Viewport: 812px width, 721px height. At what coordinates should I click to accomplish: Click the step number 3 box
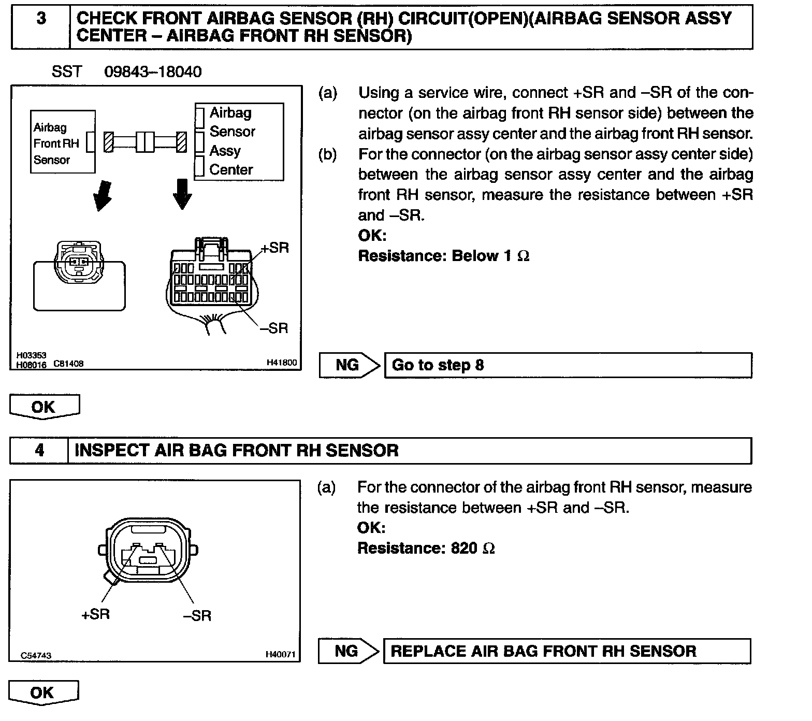pos(41,27)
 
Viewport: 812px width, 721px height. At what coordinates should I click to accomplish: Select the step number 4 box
pos(39,450)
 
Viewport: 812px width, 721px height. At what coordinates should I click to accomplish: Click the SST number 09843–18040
pos(153,71)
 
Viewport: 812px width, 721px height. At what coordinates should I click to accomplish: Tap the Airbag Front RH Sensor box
pos(63,141)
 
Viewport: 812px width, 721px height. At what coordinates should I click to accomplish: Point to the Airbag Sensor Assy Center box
pos(239,141)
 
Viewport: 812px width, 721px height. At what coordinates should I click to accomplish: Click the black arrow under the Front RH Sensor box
pos(102,195)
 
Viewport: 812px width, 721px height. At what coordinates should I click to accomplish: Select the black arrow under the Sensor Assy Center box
pos(182,194)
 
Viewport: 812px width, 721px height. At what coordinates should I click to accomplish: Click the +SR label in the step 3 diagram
pos(274,248)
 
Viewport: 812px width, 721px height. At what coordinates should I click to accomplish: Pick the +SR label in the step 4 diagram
pos(95,614)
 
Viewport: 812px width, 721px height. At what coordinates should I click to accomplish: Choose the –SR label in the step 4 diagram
pos(197,615)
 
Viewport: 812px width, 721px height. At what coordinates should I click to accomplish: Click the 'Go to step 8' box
pos(568,365)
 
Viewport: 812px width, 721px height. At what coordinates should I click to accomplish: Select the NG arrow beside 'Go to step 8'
pos(349,365)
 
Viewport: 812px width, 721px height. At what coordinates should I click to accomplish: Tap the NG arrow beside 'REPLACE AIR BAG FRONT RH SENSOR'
pos(347,651)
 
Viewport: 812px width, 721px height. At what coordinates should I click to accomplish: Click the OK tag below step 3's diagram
pos(45,407)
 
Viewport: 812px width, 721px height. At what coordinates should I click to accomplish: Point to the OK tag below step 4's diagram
pos(44,693)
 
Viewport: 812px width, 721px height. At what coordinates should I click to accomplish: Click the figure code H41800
pos(282,363)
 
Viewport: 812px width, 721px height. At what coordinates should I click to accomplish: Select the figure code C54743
pos(36,656)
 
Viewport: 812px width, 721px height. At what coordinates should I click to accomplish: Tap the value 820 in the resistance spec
pos(463,548)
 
